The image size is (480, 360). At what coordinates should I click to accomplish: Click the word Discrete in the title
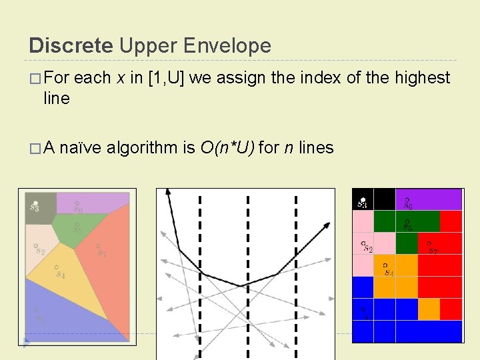(x=71, y=45)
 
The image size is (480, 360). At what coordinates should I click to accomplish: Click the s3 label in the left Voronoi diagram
(x=34, y=206)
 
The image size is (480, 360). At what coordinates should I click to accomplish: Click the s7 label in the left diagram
(x=101, y=253)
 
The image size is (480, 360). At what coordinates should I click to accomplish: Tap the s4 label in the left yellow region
(x=60, y=274)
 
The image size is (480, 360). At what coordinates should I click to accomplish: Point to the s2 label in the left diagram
(x=40, y=251)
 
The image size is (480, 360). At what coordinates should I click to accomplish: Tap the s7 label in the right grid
(x=433, y=251)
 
